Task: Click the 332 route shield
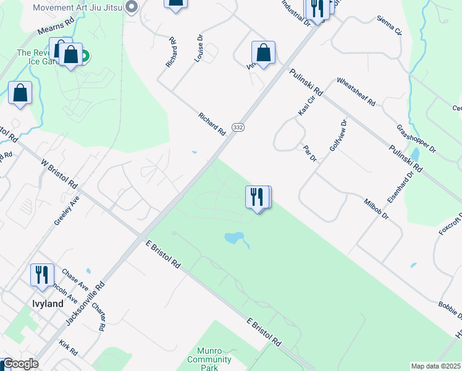click(x=238, y=127)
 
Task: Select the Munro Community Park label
click(x=209, y=359)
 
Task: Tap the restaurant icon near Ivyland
click(x=42, y=276)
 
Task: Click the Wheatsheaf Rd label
click(x=356, y=92)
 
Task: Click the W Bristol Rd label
click(x=59, y=175)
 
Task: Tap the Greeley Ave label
click(x=67, y=210)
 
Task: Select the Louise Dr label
click(x=199, y=48)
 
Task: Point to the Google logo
click(x=20, y=364)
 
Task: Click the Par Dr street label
click(x=310, y=154)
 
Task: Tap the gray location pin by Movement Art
click(x=131, y=7)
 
